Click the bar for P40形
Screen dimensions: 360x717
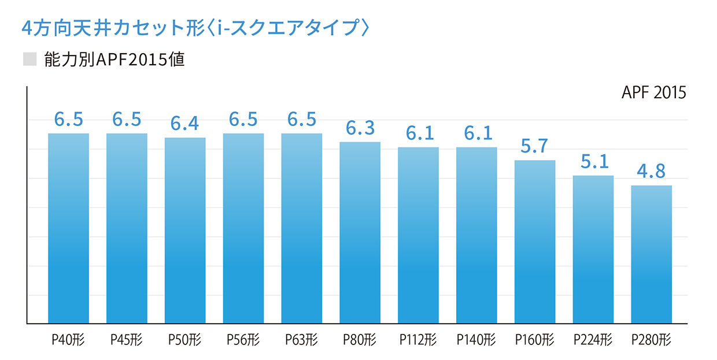pos(68,228)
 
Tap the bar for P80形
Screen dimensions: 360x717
pos(360,232)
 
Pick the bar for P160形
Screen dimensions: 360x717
pos(534,242)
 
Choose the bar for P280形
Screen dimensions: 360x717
pos(651,254)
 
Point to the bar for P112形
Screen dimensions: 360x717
pos(418,235)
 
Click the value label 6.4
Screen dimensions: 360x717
pos(185,124)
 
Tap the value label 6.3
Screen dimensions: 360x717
pos(360,128)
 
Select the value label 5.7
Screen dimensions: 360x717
pos(534,146)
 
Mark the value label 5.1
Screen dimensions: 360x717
pos(593,162)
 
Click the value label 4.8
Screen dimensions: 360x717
pos(651,172)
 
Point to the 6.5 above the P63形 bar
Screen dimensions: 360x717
pos(302,120)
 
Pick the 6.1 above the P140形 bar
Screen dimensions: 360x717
pos(476,133)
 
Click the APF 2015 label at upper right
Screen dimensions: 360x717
pos(654,93)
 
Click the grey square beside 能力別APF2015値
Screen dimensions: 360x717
pos(29,59)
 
